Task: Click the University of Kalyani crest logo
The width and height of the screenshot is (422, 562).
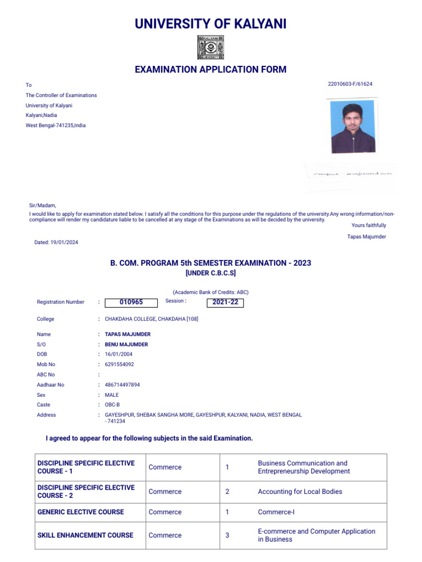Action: [x=211, y=48]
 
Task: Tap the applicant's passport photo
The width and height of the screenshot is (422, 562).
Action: [x=353, y=126]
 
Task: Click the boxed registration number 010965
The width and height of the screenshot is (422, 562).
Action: [x=131, y=302]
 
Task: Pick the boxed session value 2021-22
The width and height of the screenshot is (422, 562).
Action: [x=225, y=302]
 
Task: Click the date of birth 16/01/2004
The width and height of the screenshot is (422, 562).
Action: [x=118, y=355]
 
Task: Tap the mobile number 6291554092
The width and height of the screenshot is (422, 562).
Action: [x=119, y=364]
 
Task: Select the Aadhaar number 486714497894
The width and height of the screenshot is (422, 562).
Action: [x=122, y=385]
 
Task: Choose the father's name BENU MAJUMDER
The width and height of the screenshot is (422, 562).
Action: [x=126, y=345]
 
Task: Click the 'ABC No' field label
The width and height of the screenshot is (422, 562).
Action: [x=46, y=375]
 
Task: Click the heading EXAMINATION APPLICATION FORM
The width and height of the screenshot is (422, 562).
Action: [x=211, y=70]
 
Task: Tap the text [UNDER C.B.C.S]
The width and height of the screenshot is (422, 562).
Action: [x=211, y=273]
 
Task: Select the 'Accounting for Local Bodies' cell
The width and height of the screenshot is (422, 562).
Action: [x=300, y=492]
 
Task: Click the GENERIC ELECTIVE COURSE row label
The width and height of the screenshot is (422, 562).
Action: [x=81, y=512]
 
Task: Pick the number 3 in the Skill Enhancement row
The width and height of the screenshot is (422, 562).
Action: [x=227, y=535]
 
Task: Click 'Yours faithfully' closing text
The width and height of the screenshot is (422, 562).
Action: [x=369, y=226]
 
